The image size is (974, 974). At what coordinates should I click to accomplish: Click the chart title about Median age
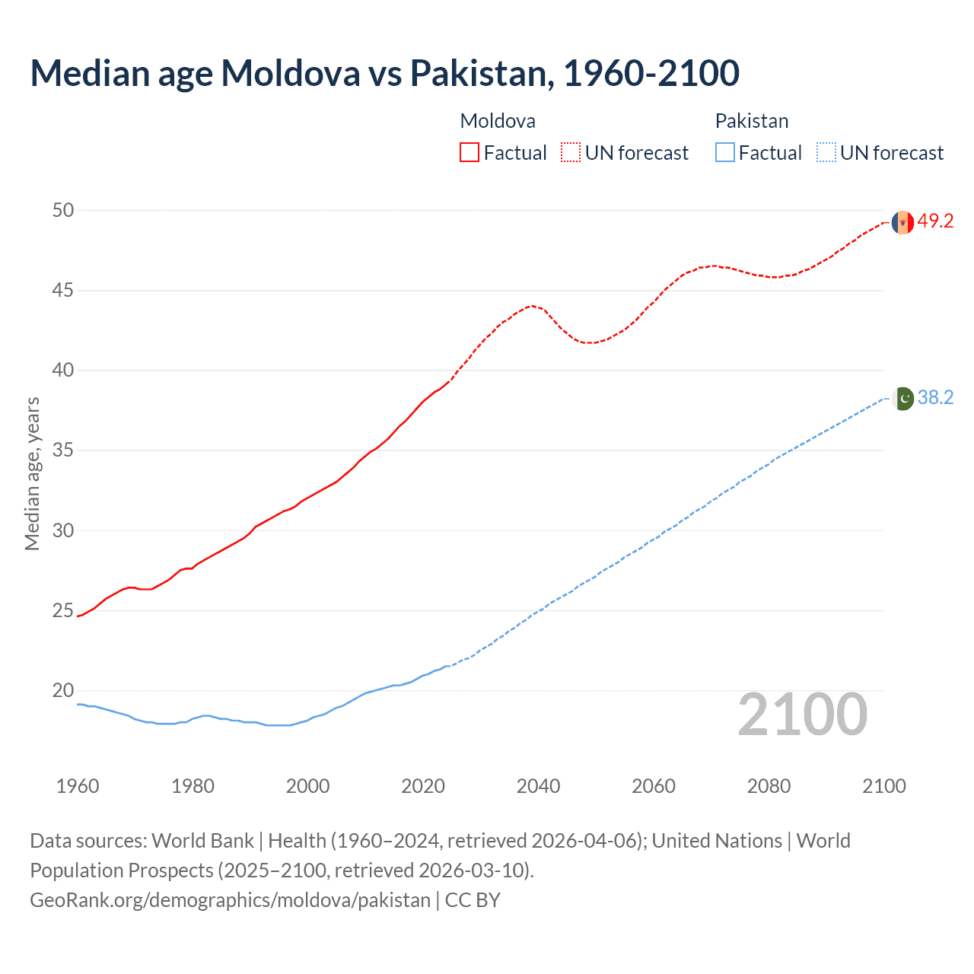click(x=384, y=73)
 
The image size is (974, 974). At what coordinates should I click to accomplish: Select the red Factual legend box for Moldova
click(x=469, y=153)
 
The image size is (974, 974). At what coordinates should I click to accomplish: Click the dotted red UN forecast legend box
click(x=571, y=153)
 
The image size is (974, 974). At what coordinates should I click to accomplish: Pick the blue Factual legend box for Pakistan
click(x=724, y=153)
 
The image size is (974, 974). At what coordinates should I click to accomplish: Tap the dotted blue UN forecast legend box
click(x=826, y=153)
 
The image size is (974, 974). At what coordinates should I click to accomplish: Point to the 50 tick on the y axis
click(x=63, y=210)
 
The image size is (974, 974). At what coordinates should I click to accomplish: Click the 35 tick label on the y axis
click(x=63, y=450)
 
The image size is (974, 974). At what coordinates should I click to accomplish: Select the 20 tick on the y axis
click(x=63, y=691)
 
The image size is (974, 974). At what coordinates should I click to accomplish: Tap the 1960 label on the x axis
click(x=78, y=786)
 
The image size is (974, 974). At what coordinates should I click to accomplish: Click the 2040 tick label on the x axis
click(x=538, y=786)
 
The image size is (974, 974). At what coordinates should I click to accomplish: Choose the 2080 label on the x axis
click(x=769, y=786)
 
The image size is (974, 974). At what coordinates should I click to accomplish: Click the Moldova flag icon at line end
click(x=902, y=222)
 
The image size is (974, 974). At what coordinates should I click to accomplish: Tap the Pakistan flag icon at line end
click(x=902, y=398)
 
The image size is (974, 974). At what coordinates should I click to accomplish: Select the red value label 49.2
click(x=935, y=221)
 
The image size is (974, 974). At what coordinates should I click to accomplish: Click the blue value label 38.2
click(x=935, y=398)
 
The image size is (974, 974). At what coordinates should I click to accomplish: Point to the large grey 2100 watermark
click(x=802, y=715)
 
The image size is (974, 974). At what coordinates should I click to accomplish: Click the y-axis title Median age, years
click(x=32, y=473)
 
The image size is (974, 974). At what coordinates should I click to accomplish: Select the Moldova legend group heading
click(x=498, y=121)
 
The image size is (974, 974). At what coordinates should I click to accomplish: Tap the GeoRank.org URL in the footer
click(x=230, y=900)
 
